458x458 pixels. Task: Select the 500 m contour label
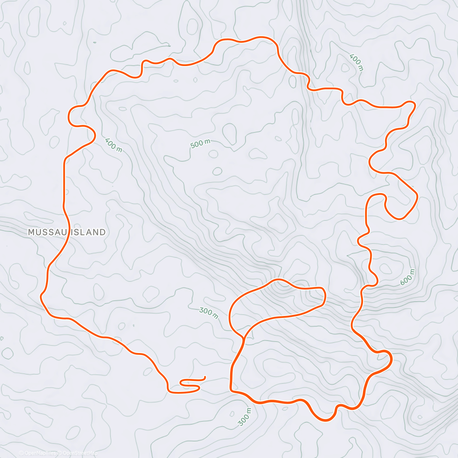(200, 144)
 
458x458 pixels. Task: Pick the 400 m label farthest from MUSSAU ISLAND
(356, 63)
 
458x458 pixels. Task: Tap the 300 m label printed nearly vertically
(245, 417)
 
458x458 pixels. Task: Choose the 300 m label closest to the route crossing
(209, 313)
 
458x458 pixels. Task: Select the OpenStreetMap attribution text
(80, 453)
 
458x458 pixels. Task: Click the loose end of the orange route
(205, 377)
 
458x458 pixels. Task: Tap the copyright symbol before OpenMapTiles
(21, 453)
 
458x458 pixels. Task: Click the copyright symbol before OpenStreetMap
(60, 453)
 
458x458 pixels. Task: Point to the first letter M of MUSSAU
(31, 232)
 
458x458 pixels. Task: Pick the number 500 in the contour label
(197, 145)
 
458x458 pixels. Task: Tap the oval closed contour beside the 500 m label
(229, 134)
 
